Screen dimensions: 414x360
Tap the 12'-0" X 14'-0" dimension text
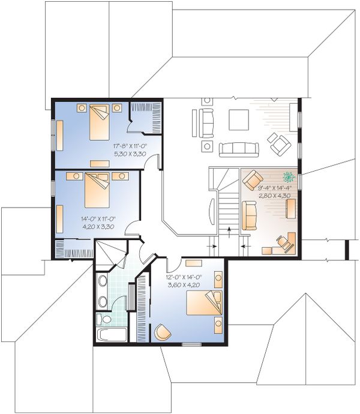[184, 277]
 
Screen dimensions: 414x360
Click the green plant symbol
[289, 178]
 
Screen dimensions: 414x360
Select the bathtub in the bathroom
[111, 334]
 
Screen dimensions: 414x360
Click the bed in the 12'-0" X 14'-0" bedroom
[203, 302]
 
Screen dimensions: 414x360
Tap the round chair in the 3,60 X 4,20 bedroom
[162, 332]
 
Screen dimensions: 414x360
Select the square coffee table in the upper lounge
[238, 119]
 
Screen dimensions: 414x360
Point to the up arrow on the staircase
[229, 233]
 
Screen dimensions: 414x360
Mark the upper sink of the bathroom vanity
[102, 283]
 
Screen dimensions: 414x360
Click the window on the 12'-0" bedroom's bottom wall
[191, 344]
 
